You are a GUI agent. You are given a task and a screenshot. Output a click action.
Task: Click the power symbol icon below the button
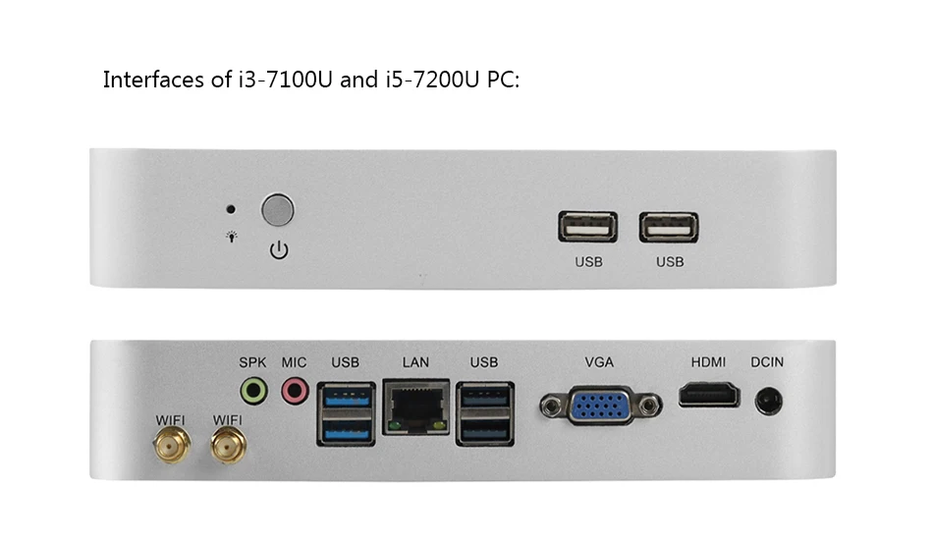[x=279, y=250]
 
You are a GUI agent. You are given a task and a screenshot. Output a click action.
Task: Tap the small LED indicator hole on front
[x=230, y=209]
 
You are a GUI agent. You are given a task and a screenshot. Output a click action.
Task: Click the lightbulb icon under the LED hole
[x=232, y=237]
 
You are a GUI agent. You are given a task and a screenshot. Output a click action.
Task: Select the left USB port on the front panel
[x=587, y=227]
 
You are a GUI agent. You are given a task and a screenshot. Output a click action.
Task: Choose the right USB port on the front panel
[x=669, y=227]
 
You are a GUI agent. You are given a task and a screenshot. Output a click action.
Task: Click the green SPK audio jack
[x=253, y=392]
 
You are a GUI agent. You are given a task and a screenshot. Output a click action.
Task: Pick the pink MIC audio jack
[x=294, y=392]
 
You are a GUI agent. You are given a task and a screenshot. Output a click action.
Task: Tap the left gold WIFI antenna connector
[x=170, y=449]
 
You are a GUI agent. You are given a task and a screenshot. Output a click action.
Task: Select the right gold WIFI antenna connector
[x=228, y=449]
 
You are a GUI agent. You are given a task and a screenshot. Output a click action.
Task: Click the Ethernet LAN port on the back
[x=416, y=406]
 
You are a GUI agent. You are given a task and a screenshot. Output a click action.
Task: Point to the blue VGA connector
[x=599, y=404]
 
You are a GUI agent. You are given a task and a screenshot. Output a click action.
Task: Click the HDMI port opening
[x=708, y=396]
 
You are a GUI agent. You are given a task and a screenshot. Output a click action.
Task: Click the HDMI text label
[x=708, y=362]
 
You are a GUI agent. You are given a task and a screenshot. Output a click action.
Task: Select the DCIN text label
[x=767, y=362]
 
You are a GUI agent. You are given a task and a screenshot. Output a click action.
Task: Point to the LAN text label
[x=415, y=362]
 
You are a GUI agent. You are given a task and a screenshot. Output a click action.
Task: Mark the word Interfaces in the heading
[x=153, y=81]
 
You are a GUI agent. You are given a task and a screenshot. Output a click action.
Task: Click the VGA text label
[x=599, y=362]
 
